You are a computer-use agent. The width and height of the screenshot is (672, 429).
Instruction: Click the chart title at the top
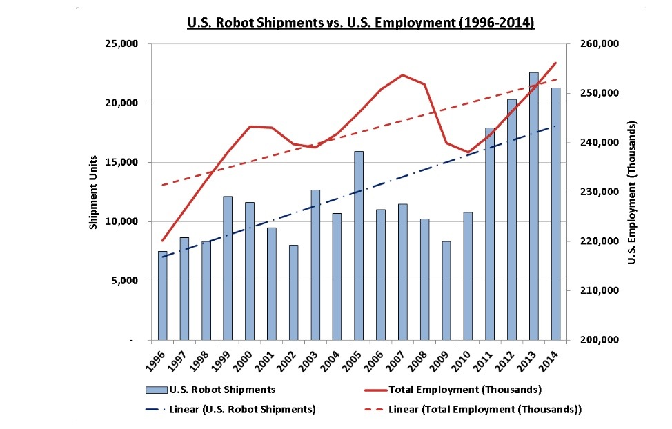(x=361, y=23)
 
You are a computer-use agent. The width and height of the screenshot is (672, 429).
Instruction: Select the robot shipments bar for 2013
(x=533, y=206)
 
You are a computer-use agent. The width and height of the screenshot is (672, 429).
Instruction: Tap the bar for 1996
(x=163, y=296)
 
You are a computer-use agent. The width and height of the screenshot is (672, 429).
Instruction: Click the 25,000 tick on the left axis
(x=125, y=44)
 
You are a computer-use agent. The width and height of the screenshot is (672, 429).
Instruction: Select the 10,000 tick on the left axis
(x=125, y=222)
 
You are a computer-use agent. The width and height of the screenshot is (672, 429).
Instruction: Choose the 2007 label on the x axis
(x=399, y=361)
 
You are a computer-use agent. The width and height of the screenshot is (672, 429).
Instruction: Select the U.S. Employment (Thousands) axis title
(x=631, y=192)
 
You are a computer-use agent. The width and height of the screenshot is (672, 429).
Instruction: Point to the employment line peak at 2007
(x=402, y=74)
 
